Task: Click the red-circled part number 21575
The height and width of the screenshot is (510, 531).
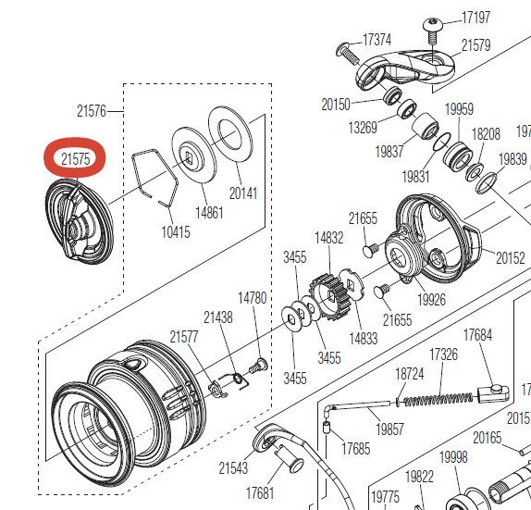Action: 76,159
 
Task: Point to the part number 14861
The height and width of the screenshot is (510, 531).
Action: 208,212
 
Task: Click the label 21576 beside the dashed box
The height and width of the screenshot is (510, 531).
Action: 92,111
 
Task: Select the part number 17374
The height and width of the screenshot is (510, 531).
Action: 377,40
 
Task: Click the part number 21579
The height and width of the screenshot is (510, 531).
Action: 475,45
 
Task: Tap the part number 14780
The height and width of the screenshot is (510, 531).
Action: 253,297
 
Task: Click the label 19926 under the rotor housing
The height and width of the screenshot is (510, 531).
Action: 431,299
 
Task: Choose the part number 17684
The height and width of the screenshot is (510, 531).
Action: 477,334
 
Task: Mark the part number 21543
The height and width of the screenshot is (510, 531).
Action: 234,468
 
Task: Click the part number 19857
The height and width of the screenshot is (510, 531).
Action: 389,429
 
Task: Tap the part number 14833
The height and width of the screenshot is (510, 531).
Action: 363,339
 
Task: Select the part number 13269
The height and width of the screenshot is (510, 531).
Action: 362,127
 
